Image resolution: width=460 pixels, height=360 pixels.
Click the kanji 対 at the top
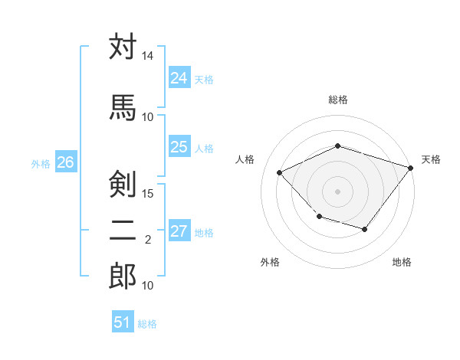(x=123, y=46)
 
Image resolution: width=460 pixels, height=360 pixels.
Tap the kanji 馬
(x=123, y=107)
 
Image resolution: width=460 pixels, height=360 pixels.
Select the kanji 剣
(x=123, y=184)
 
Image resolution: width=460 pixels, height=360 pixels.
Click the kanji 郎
(x=123, y=276)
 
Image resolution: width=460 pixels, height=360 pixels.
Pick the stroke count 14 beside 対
(x=147, y=56)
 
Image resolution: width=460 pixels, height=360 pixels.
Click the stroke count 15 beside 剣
(x=147, y=194)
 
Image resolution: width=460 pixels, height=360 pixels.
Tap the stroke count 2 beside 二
(x=148, y=240)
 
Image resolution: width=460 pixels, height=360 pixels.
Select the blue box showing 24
(x=179, y=77)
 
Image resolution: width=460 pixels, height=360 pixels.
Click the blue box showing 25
(x=179, y=146)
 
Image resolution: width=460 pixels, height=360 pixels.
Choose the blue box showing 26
(x=66, y=162)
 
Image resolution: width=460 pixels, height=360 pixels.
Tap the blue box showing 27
(x=179, y=230)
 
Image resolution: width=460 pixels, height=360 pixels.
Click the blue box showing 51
(x=123, y=321)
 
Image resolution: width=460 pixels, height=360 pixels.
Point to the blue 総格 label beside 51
(x=147, y=324)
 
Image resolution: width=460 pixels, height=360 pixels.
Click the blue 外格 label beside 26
(x=41, y=164)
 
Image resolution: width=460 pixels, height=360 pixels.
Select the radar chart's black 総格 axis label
(x=338, y=100)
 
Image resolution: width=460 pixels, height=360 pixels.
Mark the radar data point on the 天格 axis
(x=411, y=168)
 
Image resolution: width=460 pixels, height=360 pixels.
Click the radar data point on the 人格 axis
(x=279, y=172)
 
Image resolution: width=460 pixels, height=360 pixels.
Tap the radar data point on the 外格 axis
(x=320, y=217)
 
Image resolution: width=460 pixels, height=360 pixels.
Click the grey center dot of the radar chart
(x=337, y=191)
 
